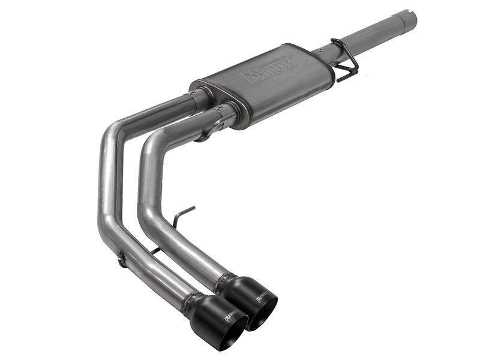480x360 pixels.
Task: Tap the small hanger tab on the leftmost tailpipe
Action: (x=122, y=260)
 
